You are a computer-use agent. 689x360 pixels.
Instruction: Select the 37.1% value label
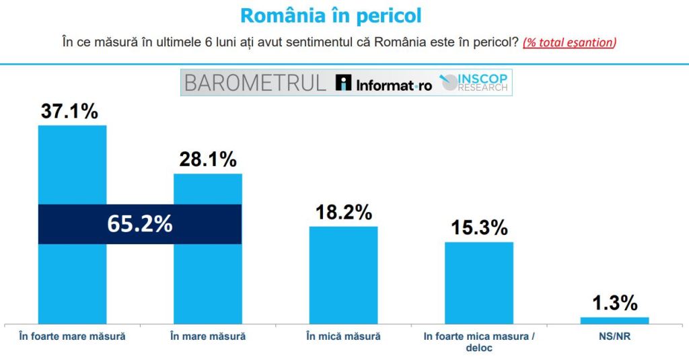point(69,111)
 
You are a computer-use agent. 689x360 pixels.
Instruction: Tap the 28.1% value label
point(208,159)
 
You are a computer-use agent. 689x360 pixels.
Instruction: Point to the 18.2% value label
point(343,212)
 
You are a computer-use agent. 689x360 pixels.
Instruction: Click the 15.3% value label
point(479,227)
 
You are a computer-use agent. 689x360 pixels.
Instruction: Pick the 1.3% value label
point(614,303)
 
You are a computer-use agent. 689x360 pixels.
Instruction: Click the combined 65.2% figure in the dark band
point(140,223)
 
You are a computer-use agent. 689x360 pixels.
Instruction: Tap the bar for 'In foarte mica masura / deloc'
point(479,283)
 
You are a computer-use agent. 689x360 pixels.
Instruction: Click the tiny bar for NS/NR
point(614,320)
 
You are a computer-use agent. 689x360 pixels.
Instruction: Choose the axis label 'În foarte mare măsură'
point(72,336)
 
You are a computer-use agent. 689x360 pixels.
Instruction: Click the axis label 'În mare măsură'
point(208,336)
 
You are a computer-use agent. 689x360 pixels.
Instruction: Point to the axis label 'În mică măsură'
point(343,336)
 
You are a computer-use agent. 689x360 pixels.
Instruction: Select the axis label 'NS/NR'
point(614,336)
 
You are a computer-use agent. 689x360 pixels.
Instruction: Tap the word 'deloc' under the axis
point(479,348)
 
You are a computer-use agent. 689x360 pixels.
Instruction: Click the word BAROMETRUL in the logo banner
point(255,83)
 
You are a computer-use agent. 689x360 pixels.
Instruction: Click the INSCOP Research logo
point(474,83)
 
